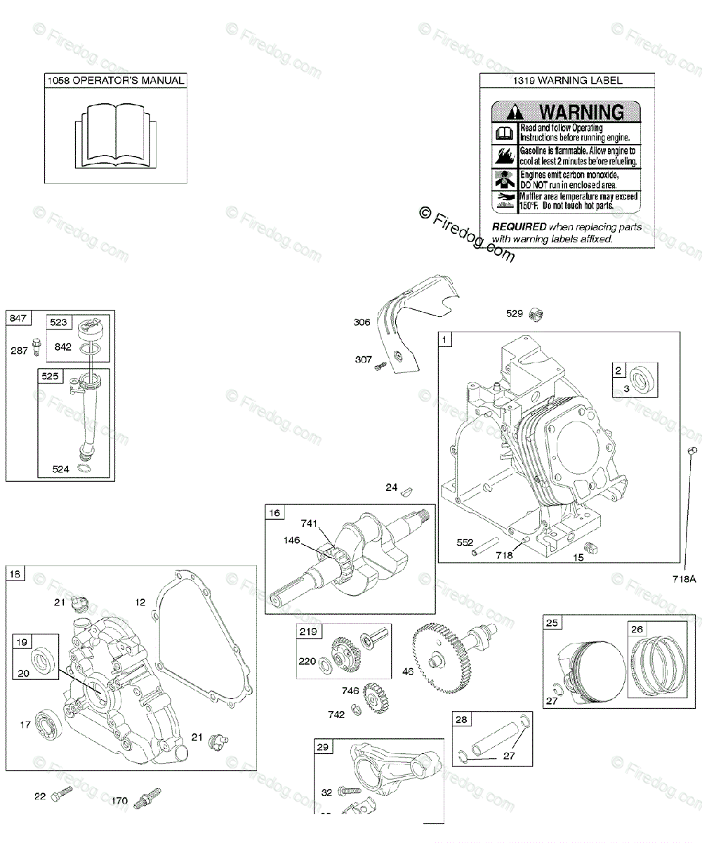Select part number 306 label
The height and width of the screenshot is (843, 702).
[362, 322]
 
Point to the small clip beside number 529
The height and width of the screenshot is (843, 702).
[538, 314]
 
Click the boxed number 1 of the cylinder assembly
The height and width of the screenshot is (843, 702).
[445, 340]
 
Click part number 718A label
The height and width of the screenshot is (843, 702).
[684, 580]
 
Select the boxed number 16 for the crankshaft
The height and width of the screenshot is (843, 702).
[274, 514]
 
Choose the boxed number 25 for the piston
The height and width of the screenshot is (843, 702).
[552, 623]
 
